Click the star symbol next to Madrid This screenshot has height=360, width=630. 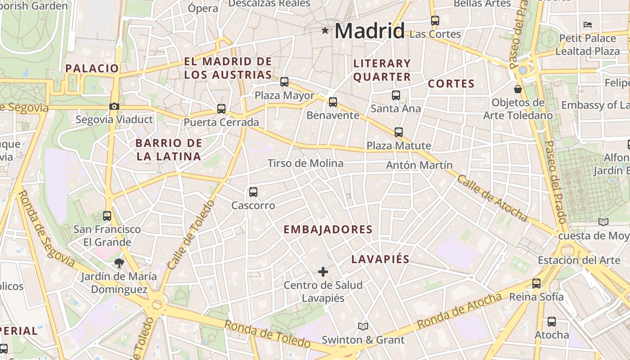pos(325,30)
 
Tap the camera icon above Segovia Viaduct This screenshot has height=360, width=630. pos(114,107)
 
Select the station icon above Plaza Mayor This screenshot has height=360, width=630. pos(284,82)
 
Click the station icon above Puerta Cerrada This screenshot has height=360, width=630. pos(221,109)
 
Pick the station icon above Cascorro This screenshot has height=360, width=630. pos(253,192)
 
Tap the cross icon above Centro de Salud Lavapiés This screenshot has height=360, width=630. pos(323,272)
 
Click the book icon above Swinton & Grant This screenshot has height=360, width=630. pos(363,326)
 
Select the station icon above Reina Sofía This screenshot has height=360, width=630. pos(536,283)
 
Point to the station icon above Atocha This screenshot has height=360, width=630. pos(552,322)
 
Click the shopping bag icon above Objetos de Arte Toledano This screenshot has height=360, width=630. pos(518,89)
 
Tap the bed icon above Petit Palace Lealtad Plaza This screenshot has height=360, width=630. pos(588,25)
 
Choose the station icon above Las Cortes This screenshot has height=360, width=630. pos(435,21)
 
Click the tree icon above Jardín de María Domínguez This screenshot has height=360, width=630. pos(119,263)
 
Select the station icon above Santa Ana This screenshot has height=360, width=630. pos(396,95)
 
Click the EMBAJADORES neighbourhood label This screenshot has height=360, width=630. pos(328,229)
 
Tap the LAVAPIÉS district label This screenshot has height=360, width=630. pos(380,259)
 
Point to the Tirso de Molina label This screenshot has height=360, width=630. pos(306,163)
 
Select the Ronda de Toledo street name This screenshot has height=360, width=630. pos(267,333)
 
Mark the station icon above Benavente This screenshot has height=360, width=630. pos(333,102)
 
